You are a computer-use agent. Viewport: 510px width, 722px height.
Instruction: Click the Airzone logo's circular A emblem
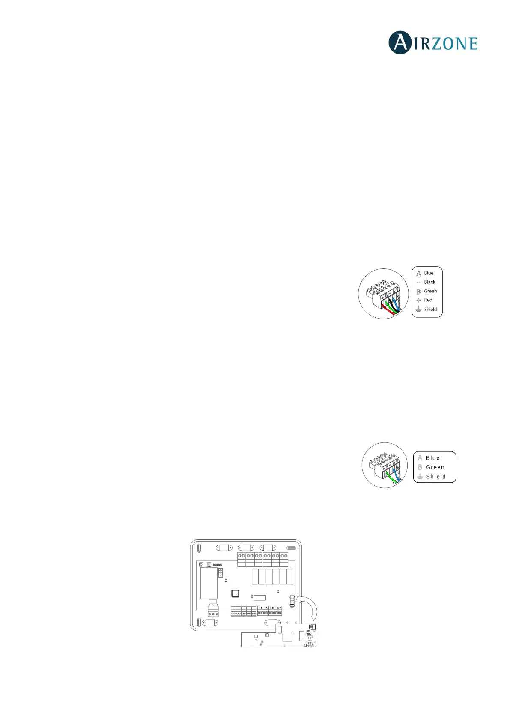coord(400,43)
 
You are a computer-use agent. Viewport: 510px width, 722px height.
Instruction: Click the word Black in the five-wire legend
coord(429,282)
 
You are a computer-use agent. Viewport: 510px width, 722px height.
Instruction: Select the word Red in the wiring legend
coord(428,300)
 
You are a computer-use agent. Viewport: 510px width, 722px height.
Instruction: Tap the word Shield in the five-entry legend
coord(430,310)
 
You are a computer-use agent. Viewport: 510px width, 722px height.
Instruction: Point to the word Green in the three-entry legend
coord(435,467)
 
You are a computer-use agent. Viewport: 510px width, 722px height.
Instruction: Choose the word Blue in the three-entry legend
coord(432,458)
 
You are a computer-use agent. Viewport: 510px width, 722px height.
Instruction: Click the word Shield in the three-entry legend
coord(435,477)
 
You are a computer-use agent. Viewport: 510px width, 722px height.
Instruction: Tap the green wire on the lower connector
coord(391,478)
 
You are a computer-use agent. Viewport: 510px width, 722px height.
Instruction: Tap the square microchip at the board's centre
coord(235,593)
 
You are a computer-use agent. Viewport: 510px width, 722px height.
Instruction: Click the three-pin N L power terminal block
coord(213,612)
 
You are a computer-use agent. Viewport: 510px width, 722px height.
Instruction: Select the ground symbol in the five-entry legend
coord(418,310)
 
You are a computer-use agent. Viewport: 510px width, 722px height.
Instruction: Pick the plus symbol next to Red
coord(418,300)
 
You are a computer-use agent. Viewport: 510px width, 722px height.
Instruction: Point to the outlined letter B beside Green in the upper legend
coord(418,291)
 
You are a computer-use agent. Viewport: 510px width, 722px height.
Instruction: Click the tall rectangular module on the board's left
coord(209,583)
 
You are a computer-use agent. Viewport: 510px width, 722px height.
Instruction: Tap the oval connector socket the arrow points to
coord(292,601)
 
